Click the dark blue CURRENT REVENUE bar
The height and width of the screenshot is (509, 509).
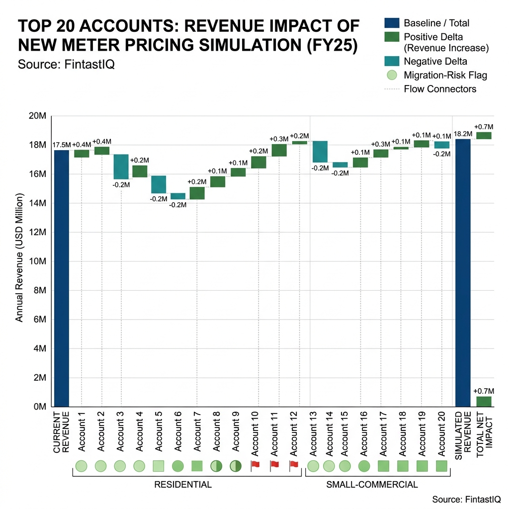[62, 278]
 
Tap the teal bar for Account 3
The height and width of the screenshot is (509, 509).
[121, 167]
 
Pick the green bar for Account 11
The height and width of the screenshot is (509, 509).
[279, 150]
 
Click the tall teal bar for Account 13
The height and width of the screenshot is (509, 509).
[320, 152]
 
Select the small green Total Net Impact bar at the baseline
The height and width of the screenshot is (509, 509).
[484, 401]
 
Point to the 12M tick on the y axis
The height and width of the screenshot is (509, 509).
[38, 232]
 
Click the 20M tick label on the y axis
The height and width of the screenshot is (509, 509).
[38, 116]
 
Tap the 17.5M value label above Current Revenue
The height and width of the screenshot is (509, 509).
[62, 145]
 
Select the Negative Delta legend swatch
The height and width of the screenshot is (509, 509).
[391, 62]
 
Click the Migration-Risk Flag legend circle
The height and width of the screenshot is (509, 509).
[391, 76]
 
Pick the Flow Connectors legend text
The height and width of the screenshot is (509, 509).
[440, 89]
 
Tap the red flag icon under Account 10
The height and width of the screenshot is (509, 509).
[255, 465]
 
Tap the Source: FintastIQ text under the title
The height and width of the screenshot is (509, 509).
[66, 65]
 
